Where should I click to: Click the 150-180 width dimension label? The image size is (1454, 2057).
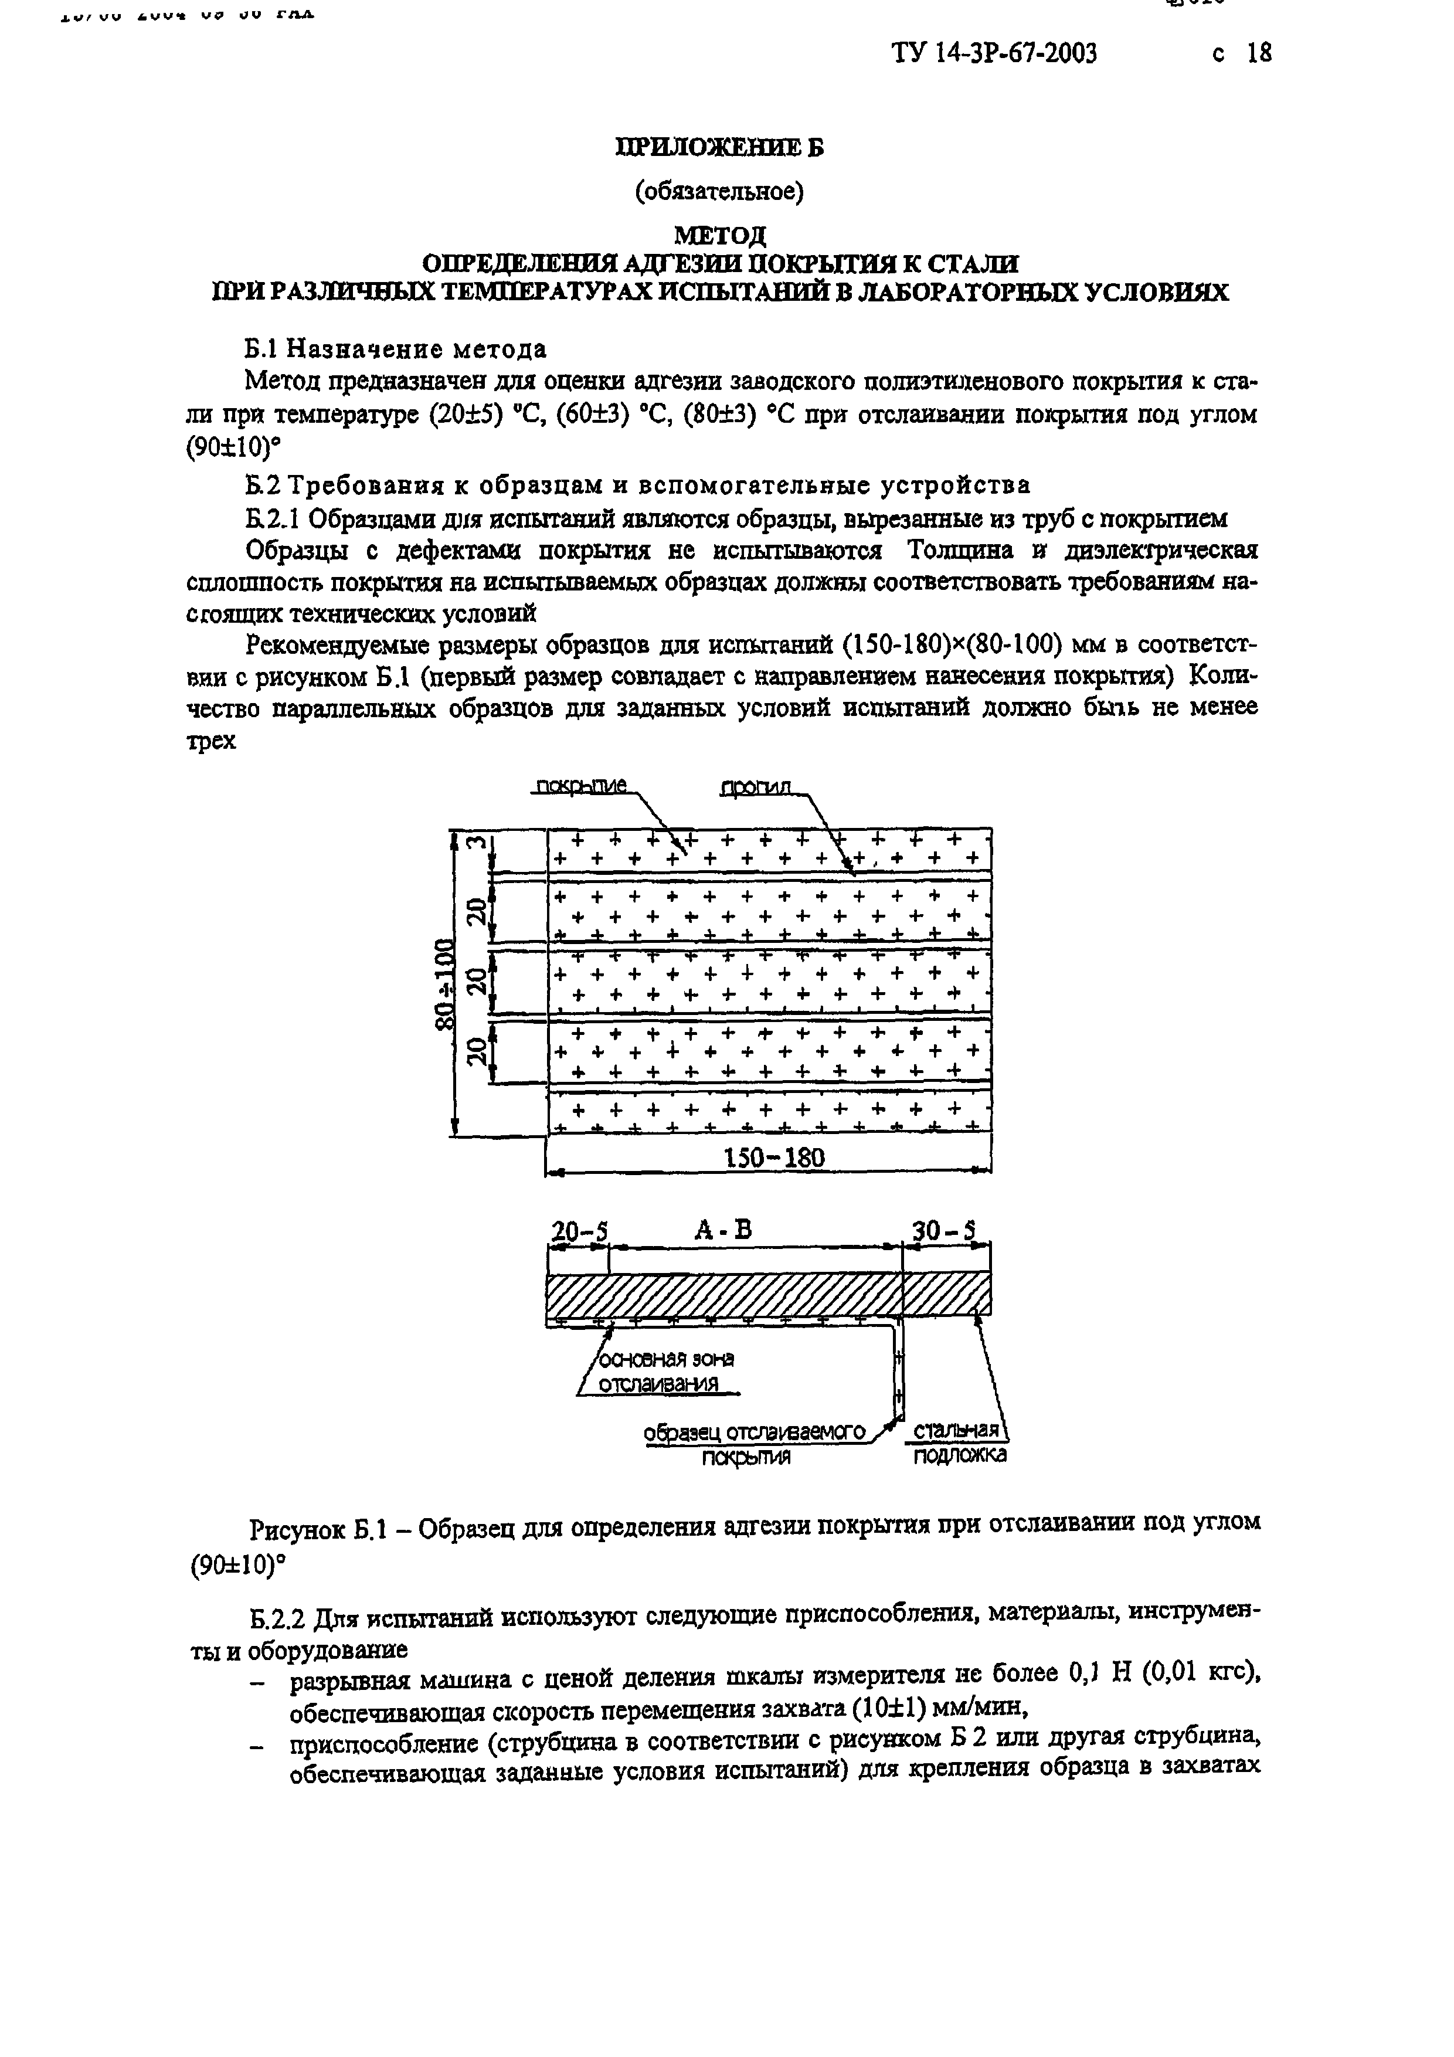coord(773,1158)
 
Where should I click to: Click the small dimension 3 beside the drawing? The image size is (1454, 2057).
coord(477,843)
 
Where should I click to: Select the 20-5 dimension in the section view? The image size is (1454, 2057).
coord(579,1233)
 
